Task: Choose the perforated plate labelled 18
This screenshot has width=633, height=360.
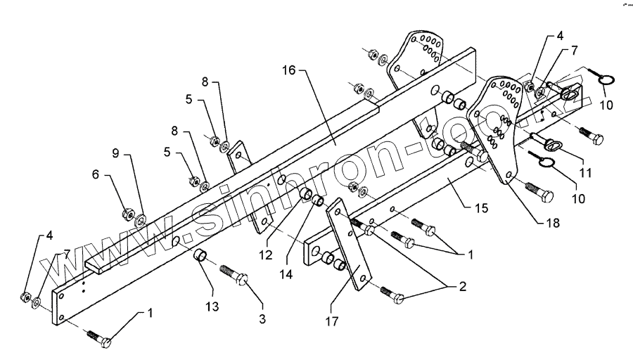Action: [x=501, y=127]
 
